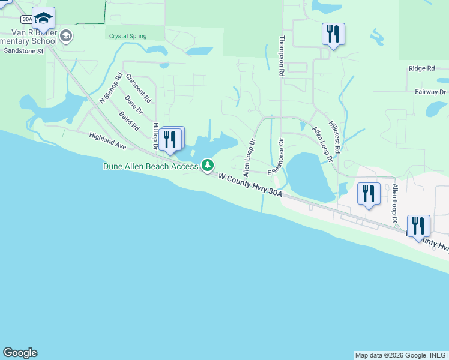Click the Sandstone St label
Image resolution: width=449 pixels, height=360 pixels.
[23, 52]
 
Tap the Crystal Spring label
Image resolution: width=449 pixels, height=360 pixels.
[127, 36]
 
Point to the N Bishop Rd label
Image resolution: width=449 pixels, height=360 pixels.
[111, 88]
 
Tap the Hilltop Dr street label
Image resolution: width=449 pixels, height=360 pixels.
[155, 137]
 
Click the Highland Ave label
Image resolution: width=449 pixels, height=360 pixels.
[108, 142]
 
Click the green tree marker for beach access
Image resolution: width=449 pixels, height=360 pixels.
[208, 164]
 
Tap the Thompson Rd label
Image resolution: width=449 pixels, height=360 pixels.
[282, 55]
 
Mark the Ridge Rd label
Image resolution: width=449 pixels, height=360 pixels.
[421, 69]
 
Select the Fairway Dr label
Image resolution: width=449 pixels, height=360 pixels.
[431, 92]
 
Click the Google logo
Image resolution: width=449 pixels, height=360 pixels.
[20, 353]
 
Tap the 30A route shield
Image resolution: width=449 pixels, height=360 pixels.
[27, 19]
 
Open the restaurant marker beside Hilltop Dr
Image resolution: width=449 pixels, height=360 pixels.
[172, 140]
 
